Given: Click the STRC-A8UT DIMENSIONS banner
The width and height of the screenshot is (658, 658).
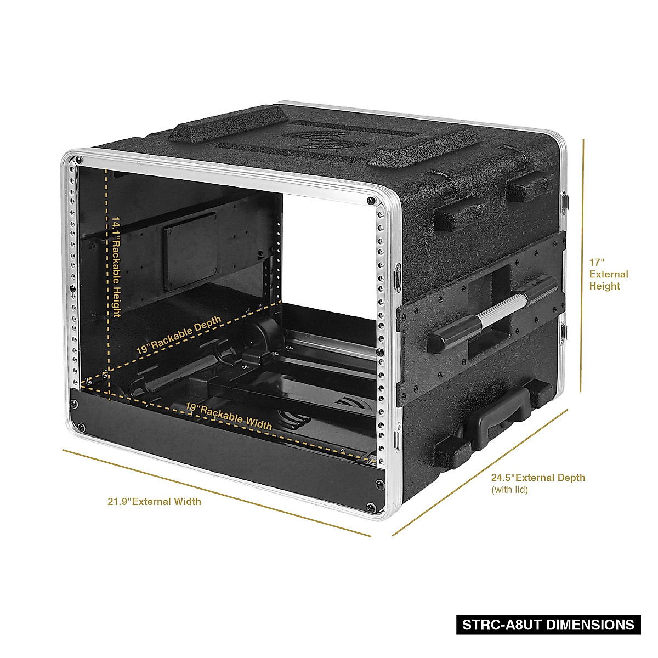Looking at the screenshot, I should pyautogui.click(x=548, y=625).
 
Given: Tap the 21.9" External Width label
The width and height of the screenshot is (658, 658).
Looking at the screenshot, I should pyautogui.click(x=154, y=502).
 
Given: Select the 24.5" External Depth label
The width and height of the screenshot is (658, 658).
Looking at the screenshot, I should pyautogui.click(x=538, y=478).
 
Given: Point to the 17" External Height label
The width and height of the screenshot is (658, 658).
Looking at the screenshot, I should pyautogui.click(x=608, y=274).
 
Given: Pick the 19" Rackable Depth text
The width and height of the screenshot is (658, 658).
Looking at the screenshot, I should pyautogui.click(x=179, y=334).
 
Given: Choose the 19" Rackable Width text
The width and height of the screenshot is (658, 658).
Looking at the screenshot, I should pyautogui.click(x=229, y=416).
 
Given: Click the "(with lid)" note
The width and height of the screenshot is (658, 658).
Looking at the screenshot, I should pyautogui.click(x=509, y=490).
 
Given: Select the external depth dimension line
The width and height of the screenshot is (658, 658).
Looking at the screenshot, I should pyautogui.click(x=480, y=472).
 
